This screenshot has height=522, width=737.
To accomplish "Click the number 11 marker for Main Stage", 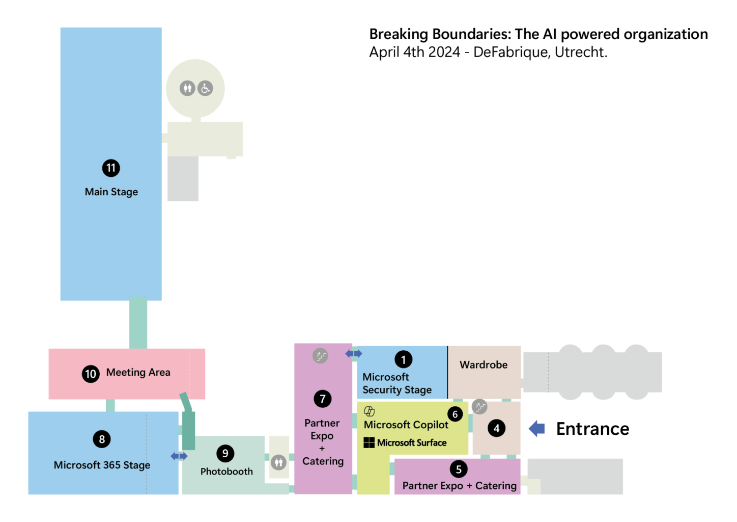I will tap(111, 168).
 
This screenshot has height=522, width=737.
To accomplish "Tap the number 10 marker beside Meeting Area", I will tap(91, 374).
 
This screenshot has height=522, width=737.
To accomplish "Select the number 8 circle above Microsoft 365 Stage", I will tap(102, 439).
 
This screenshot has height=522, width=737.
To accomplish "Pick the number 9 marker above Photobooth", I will tap(225, 453).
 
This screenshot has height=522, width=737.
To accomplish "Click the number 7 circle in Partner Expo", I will tap(323, 399).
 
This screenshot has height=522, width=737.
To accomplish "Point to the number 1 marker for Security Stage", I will tap(404, 359).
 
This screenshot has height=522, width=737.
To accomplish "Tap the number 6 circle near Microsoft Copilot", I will tap(455, 414).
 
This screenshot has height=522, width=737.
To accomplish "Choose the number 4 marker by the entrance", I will tap(496, 428).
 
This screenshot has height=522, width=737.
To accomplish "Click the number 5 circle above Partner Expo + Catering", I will tap(459, 469).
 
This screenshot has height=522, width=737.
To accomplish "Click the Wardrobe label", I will tap(484, 365).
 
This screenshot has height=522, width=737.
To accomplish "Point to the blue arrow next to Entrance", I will tap(537, 429).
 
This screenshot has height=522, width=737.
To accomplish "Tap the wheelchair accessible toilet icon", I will tap(205, 88).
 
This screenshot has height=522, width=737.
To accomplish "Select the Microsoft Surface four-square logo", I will tap(369, 442).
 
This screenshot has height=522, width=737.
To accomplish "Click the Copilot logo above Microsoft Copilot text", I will tap(370, 411).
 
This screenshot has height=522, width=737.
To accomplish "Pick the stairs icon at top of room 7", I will tap(320, 356).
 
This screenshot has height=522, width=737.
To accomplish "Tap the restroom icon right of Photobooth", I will tap(278, 463).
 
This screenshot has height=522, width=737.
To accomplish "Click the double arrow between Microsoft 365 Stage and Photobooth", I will tap(179, 456).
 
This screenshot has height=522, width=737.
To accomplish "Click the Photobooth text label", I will tap(226, 472).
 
